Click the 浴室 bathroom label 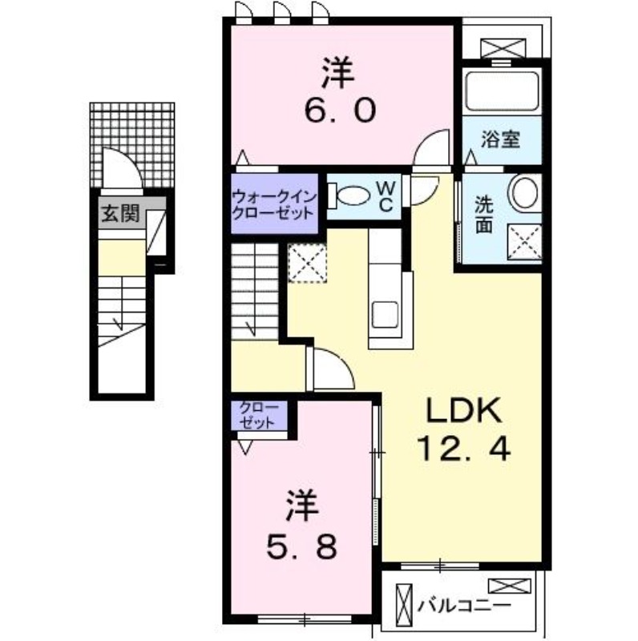coord(501,139)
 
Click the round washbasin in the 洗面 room coord(526,194)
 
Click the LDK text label coord(462,412)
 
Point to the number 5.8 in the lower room coord(302,548)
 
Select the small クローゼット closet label coord(258,417)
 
